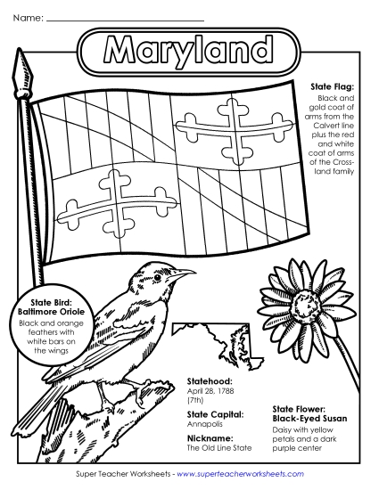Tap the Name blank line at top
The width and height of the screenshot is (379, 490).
tap(124, 19)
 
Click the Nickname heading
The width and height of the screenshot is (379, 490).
tap(210, 438)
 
